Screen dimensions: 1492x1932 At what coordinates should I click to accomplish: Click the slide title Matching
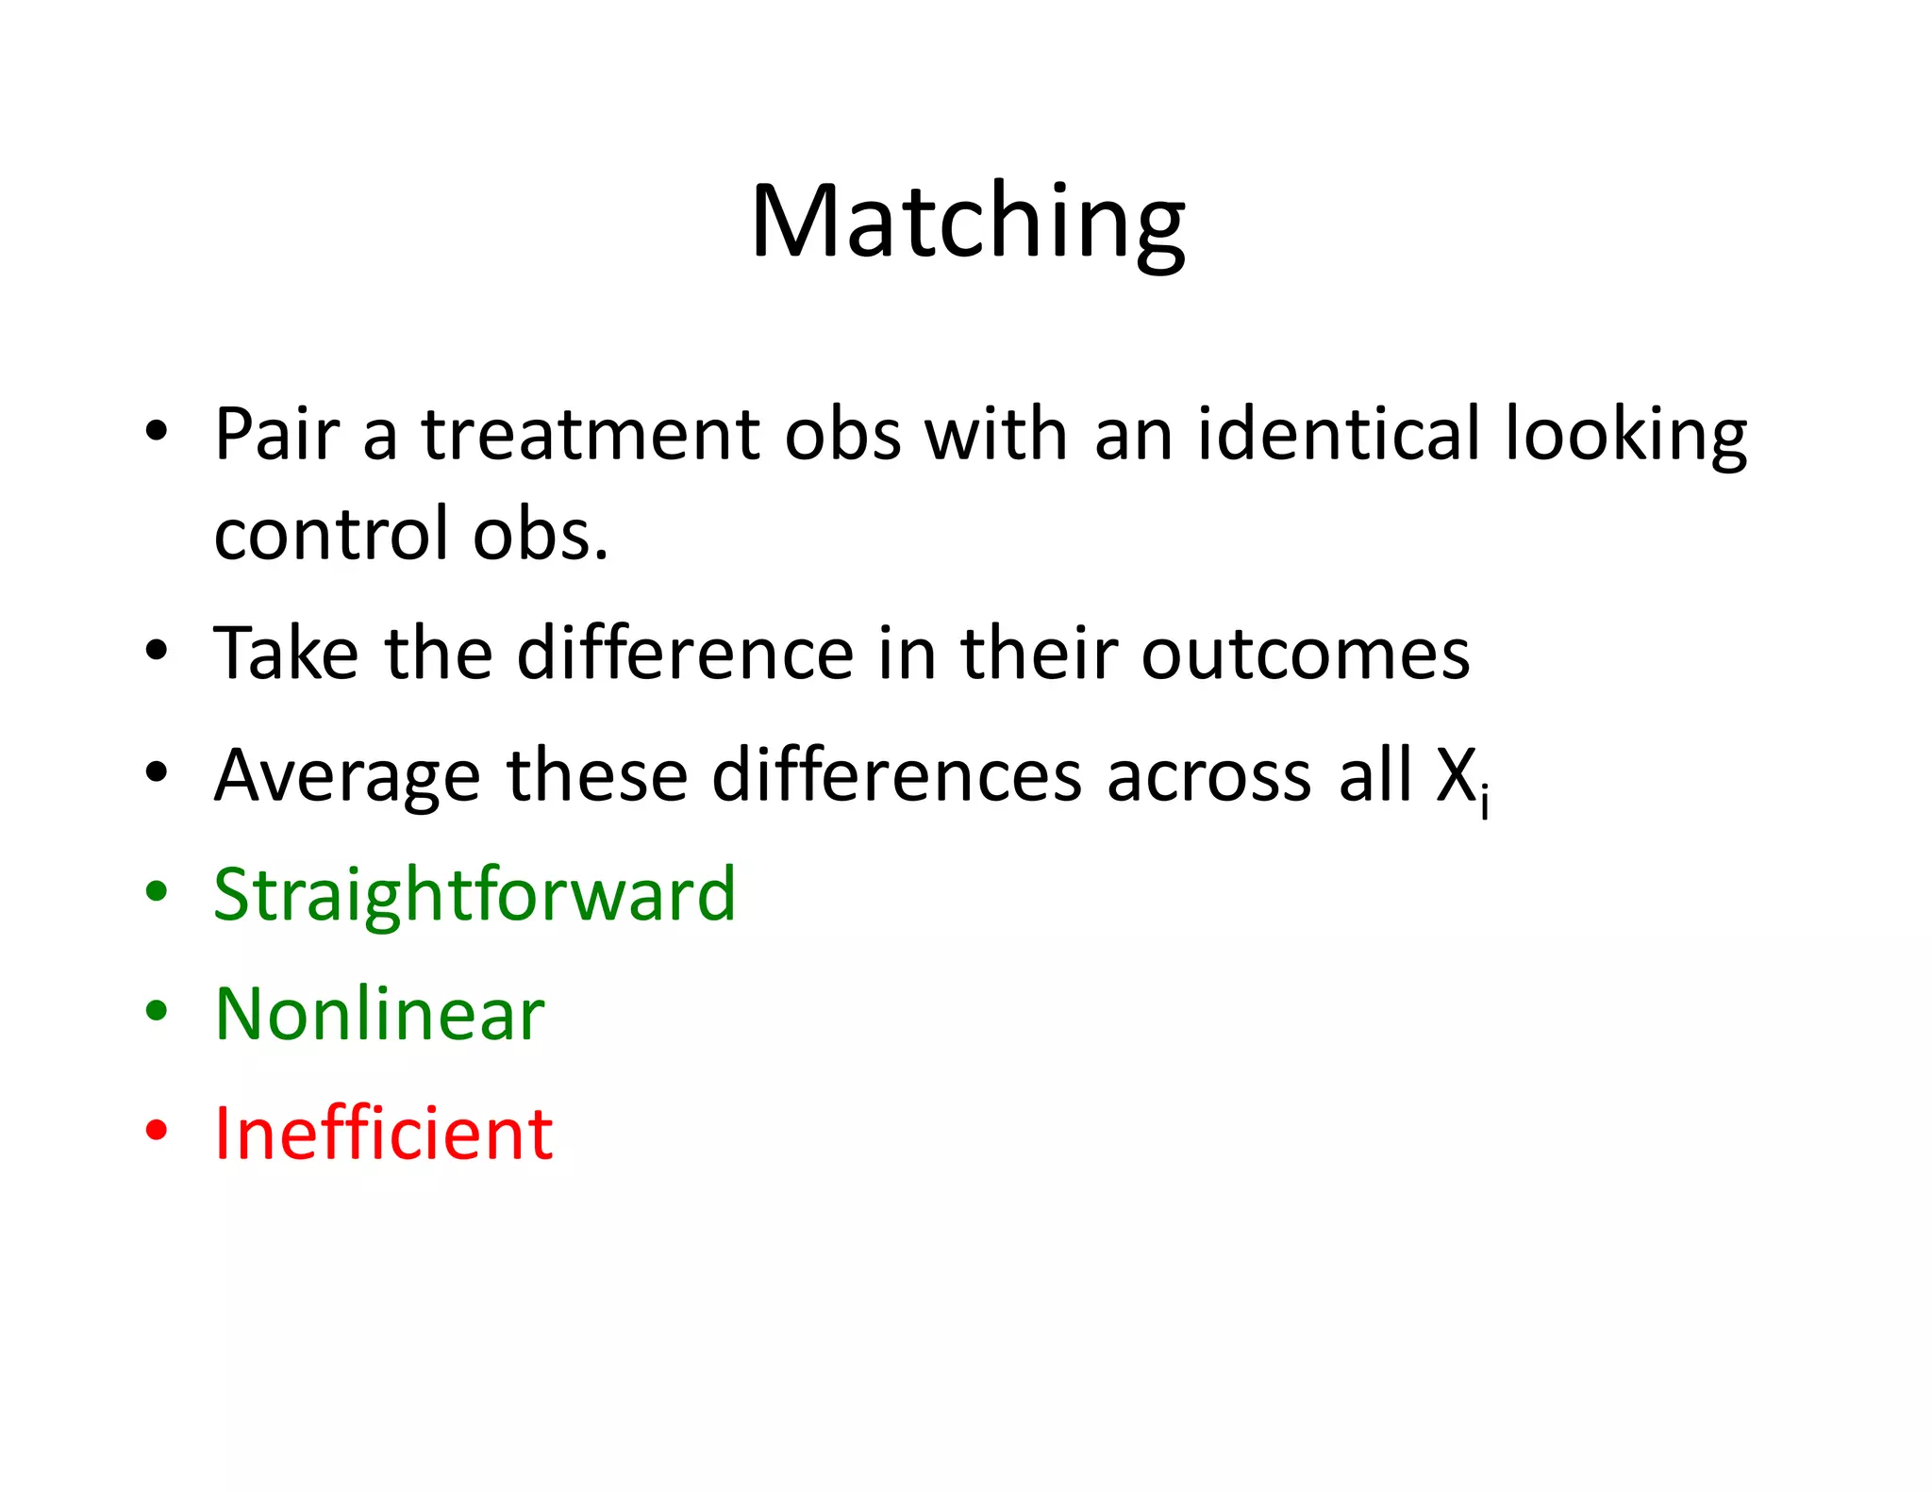(967, 223)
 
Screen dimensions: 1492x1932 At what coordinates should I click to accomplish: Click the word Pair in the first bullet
(275, 435)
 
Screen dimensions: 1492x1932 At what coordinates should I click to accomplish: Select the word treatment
(591, 435)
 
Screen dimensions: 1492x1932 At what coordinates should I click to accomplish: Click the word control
(331, 534)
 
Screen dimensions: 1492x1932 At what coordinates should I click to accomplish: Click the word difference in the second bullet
(685, 653)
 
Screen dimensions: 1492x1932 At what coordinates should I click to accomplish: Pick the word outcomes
(1305, 655)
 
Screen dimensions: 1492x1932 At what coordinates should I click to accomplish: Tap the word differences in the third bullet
(896, 775)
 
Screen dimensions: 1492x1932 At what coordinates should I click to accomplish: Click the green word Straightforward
(475, 894)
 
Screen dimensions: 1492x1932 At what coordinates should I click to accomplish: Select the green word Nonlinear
(379, 1014)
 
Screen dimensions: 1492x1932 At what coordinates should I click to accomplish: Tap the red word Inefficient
(383, 1133)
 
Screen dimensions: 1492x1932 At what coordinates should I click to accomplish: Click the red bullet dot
(157, 1130)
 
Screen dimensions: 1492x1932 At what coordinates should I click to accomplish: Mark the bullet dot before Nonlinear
(157, 1011)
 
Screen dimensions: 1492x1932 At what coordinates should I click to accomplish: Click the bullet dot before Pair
(157, 431)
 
